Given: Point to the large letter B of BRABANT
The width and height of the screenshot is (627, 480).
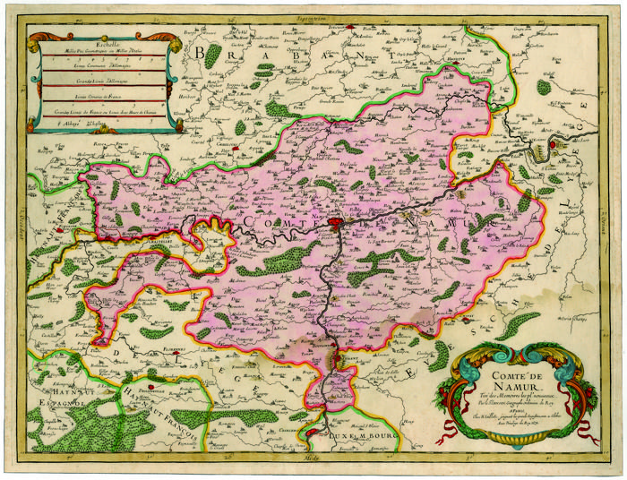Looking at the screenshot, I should pyautogui.click(x=200, y=55).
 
